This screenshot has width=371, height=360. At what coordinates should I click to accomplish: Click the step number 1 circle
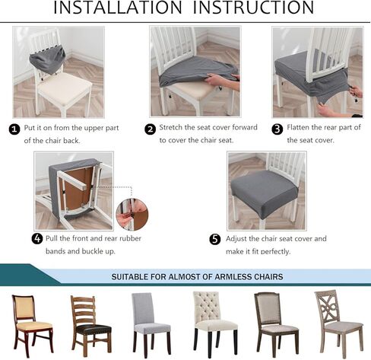coord(14,129)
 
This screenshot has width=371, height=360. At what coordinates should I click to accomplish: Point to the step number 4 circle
coord(37,238)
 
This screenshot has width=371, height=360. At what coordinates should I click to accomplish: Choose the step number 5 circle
coord(214,239)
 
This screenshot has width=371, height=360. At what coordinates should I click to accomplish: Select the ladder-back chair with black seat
coord(90,323)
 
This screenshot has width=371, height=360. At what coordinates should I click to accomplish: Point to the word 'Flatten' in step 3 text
coord(300,128)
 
